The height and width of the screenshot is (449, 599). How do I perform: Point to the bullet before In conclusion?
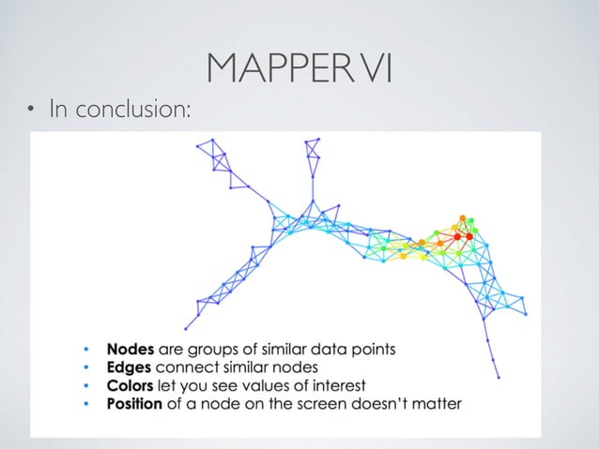pyautogui.click(x=30, y=112)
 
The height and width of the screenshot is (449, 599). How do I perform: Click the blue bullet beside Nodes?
pyautogui.click(x=86, y=350)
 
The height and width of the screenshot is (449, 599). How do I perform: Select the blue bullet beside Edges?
pyautogui.click(x=86, y=367)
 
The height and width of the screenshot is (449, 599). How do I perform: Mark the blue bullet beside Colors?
pyautogui.click(x=86, y=386)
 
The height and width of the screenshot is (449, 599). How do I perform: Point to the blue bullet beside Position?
pyautogui.click(x=86, y=405)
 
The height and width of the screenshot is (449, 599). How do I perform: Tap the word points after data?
pyautogui.click(x=373, y=350)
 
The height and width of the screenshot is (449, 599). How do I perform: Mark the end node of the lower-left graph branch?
pyautogui.click(x=187, y=328)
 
